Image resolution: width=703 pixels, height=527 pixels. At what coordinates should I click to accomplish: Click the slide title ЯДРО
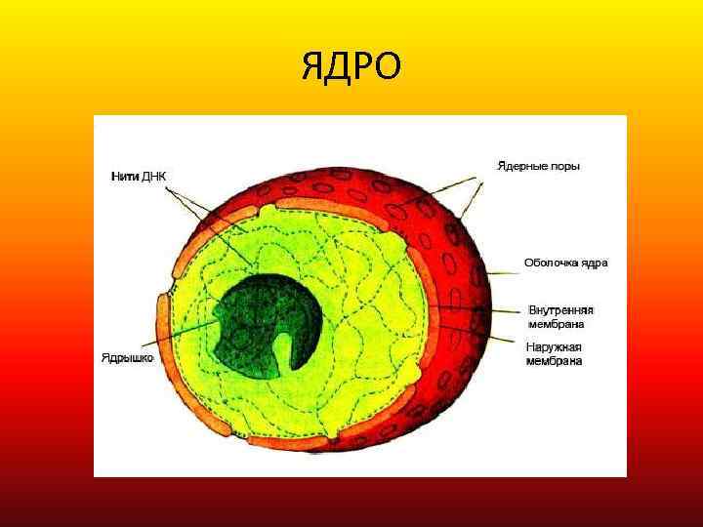coord(351,66)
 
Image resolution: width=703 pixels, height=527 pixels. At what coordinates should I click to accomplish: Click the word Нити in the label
coord(122,177)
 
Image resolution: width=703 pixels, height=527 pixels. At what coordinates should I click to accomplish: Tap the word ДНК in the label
coord(154,177)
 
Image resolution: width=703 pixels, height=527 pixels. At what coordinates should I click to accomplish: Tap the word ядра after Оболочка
coord(596,263)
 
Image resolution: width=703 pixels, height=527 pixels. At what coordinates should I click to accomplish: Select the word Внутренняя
coord(560,310)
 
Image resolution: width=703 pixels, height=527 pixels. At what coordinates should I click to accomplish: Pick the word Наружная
coord(555,347)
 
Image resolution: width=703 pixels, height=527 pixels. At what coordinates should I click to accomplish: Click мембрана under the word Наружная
coord(555,361)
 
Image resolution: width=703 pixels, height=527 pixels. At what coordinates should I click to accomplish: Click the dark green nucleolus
coord(254,312)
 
